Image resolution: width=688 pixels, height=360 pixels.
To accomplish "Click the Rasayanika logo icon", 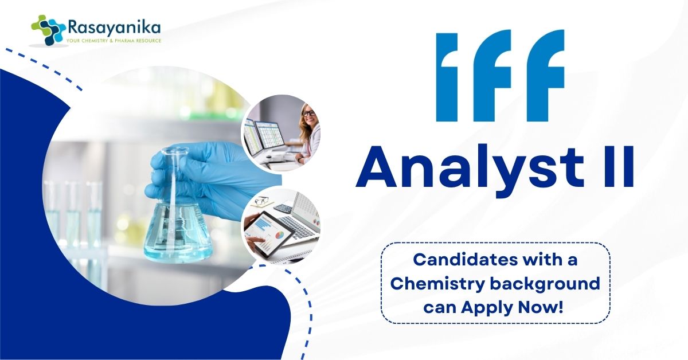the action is pos(48,30).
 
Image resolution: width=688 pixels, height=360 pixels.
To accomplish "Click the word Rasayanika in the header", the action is pos(114,28).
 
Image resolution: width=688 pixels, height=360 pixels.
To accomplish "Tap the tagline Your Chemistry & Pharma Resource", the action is pos(114,41).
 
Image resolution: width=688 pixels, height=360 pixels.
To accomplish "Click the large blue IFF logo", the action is pos(501,75).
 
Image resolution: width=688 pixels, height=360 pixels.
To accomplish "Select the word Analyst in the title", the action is pos(470,168).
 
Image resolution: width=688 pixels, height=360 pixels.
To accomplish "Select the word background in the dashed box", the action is pos(545,284).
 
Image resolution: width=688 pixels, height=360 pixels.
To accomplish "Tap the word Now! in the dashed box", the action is pos(541,307).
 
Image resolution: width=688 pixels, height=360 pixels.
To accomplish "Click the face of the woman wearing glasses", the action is pos(308,115).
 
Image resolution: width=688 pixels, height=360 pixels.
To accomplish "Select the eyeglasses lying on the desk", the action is pos(263,201).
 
